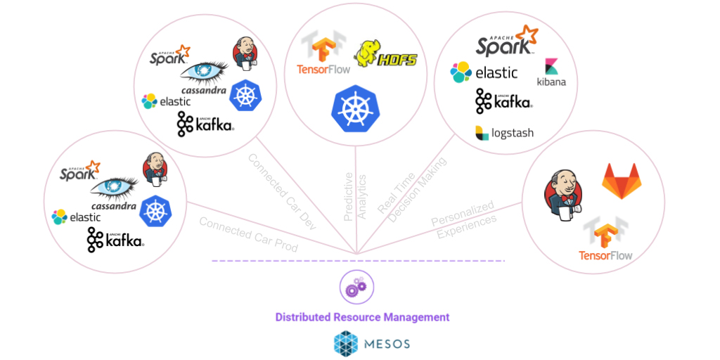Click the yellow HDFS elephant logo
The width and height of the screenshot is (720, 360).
(x=385, y=55)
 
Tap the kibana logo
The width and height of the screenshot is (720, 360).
(x=551, y=73)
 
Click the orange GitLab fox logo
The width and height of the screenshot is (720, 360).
(x=622, y=179)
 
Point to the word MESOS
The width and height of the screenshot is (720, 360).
(x=385, y=345)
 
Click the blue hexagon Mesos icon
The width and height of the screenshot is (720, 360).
(x=345, y=344)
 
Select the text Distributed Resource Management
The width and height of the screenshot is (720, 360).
(x=362, y=317)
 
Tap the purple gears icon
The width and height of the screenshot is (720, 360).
(x=357, y=286)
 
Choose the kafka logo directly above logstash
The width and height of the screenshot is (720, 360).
(x=503, y=101)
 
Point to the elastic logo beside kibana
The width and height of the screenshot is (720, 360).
(x=484, y=72)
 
